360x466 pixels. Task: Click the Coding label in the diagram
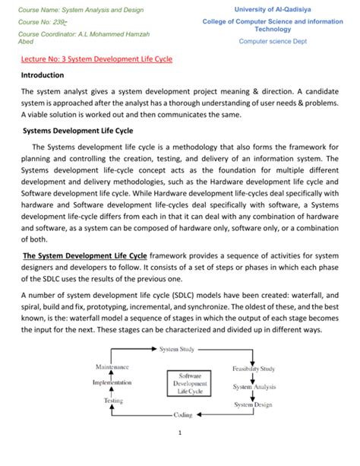[x=183, y=415]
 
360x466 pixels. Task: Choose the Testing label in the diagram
[x=113, y=400]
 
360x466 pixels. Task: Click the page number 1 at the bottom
[x=181, y=435]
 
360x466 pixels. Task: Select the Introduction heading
[x=43, y=75]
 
